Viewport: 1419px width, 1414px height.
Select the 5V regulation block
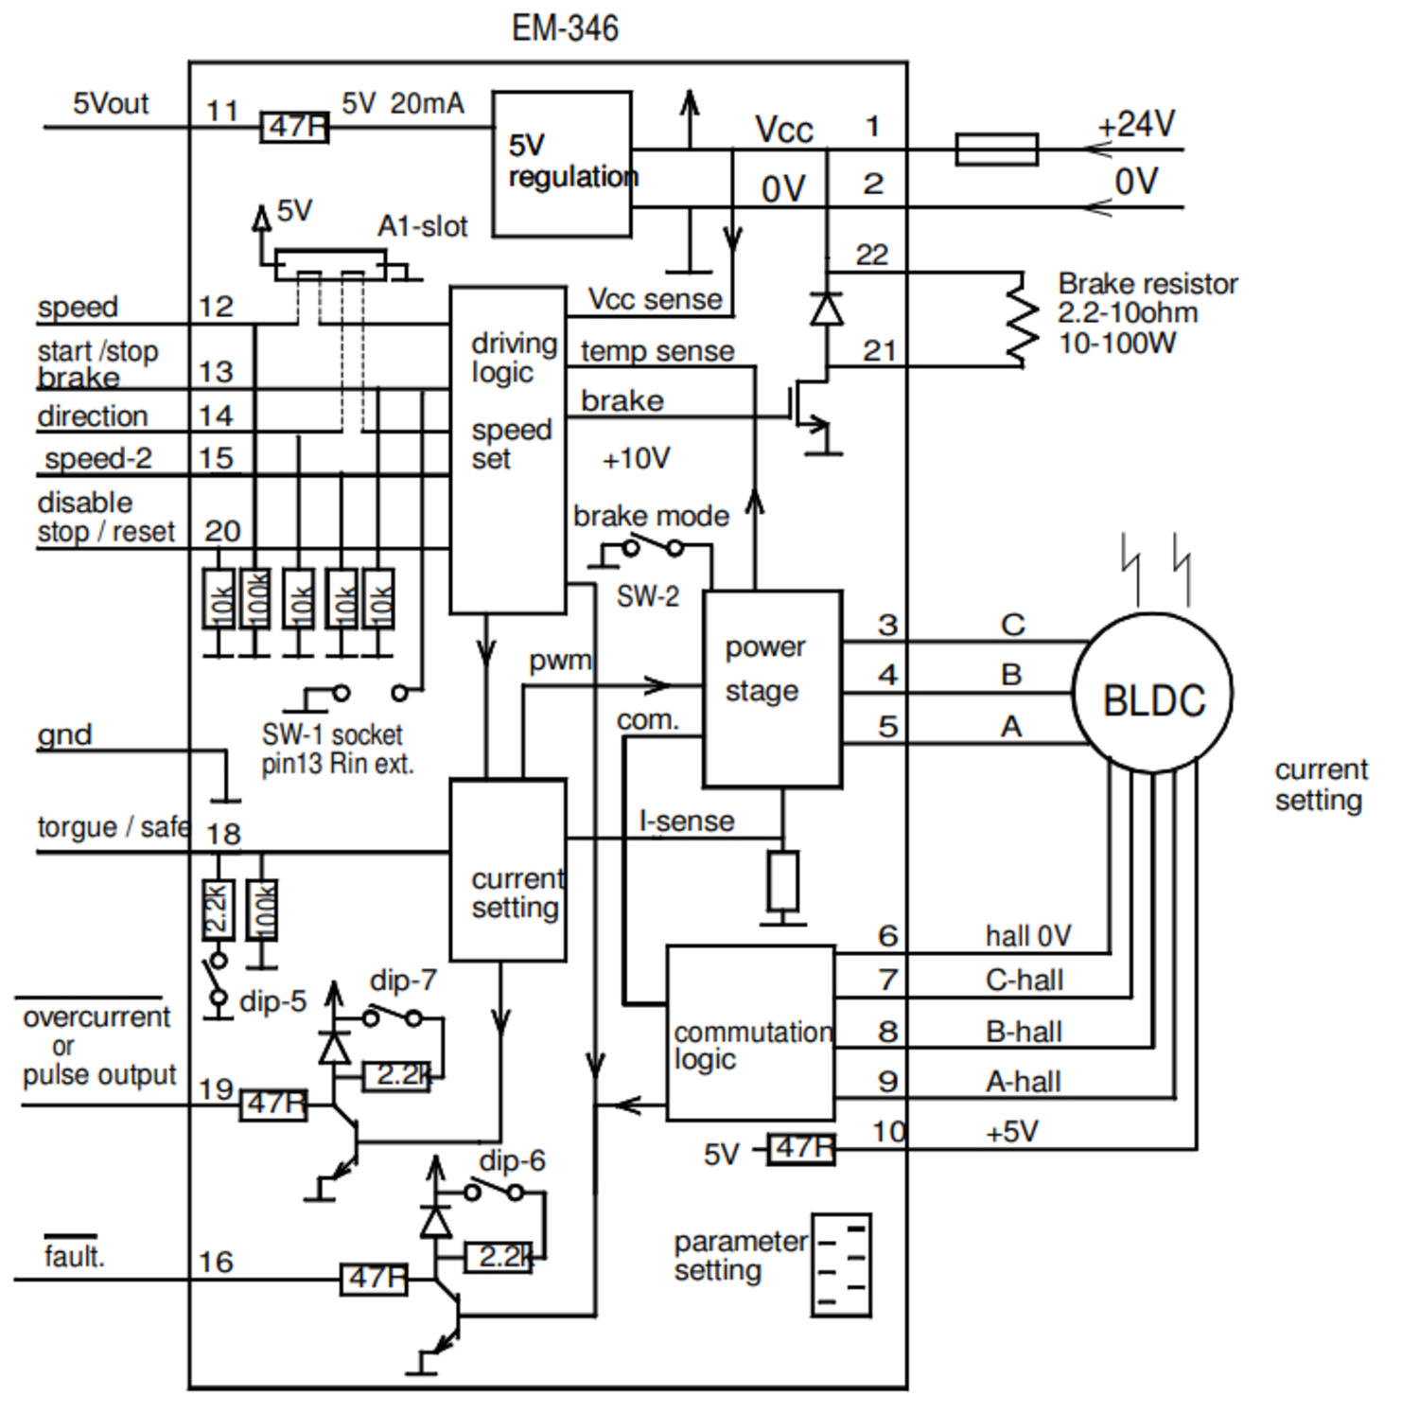(x=562, y=164)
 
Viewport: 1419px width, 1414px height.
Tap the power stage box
(x=772, y=688)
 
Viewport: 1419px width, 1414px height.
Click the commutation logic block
(x=751, y=1033)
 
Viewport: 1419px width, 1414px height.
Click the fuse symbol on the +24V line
(x=996, y=150)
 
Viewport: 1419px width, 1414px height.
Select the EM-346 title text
(x=565, y=27)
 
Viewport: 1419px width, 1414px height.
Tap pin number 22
(x=871, y=255)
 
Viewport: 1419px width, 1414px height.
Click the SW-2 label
(x=647, y=596)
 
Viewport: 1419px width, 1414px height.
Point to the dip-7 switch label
(x=403, y=981)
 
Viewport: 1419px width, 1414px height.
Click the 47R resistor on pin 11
(x=294, y=126)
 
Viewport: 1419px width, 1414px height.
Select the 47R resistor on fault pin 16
(x=374, y=1279)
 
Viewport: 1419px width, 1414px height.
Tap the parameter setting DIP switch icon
(x=841, y=1265)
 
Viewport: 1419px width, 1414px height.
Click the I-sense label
(x=687, y=821)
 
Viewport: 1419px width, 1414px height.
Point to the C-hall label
(x=1024, y=980)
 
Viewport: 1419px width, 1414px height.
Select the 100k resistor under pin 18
(x=262, y=910)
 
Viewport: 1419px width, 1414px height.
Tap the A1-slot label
(x=422, y=226)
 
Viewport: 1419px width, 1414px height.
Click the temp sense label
(x=657, y=351)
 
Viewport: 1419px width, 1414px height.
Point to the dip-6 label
(x=512, y=1160)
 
